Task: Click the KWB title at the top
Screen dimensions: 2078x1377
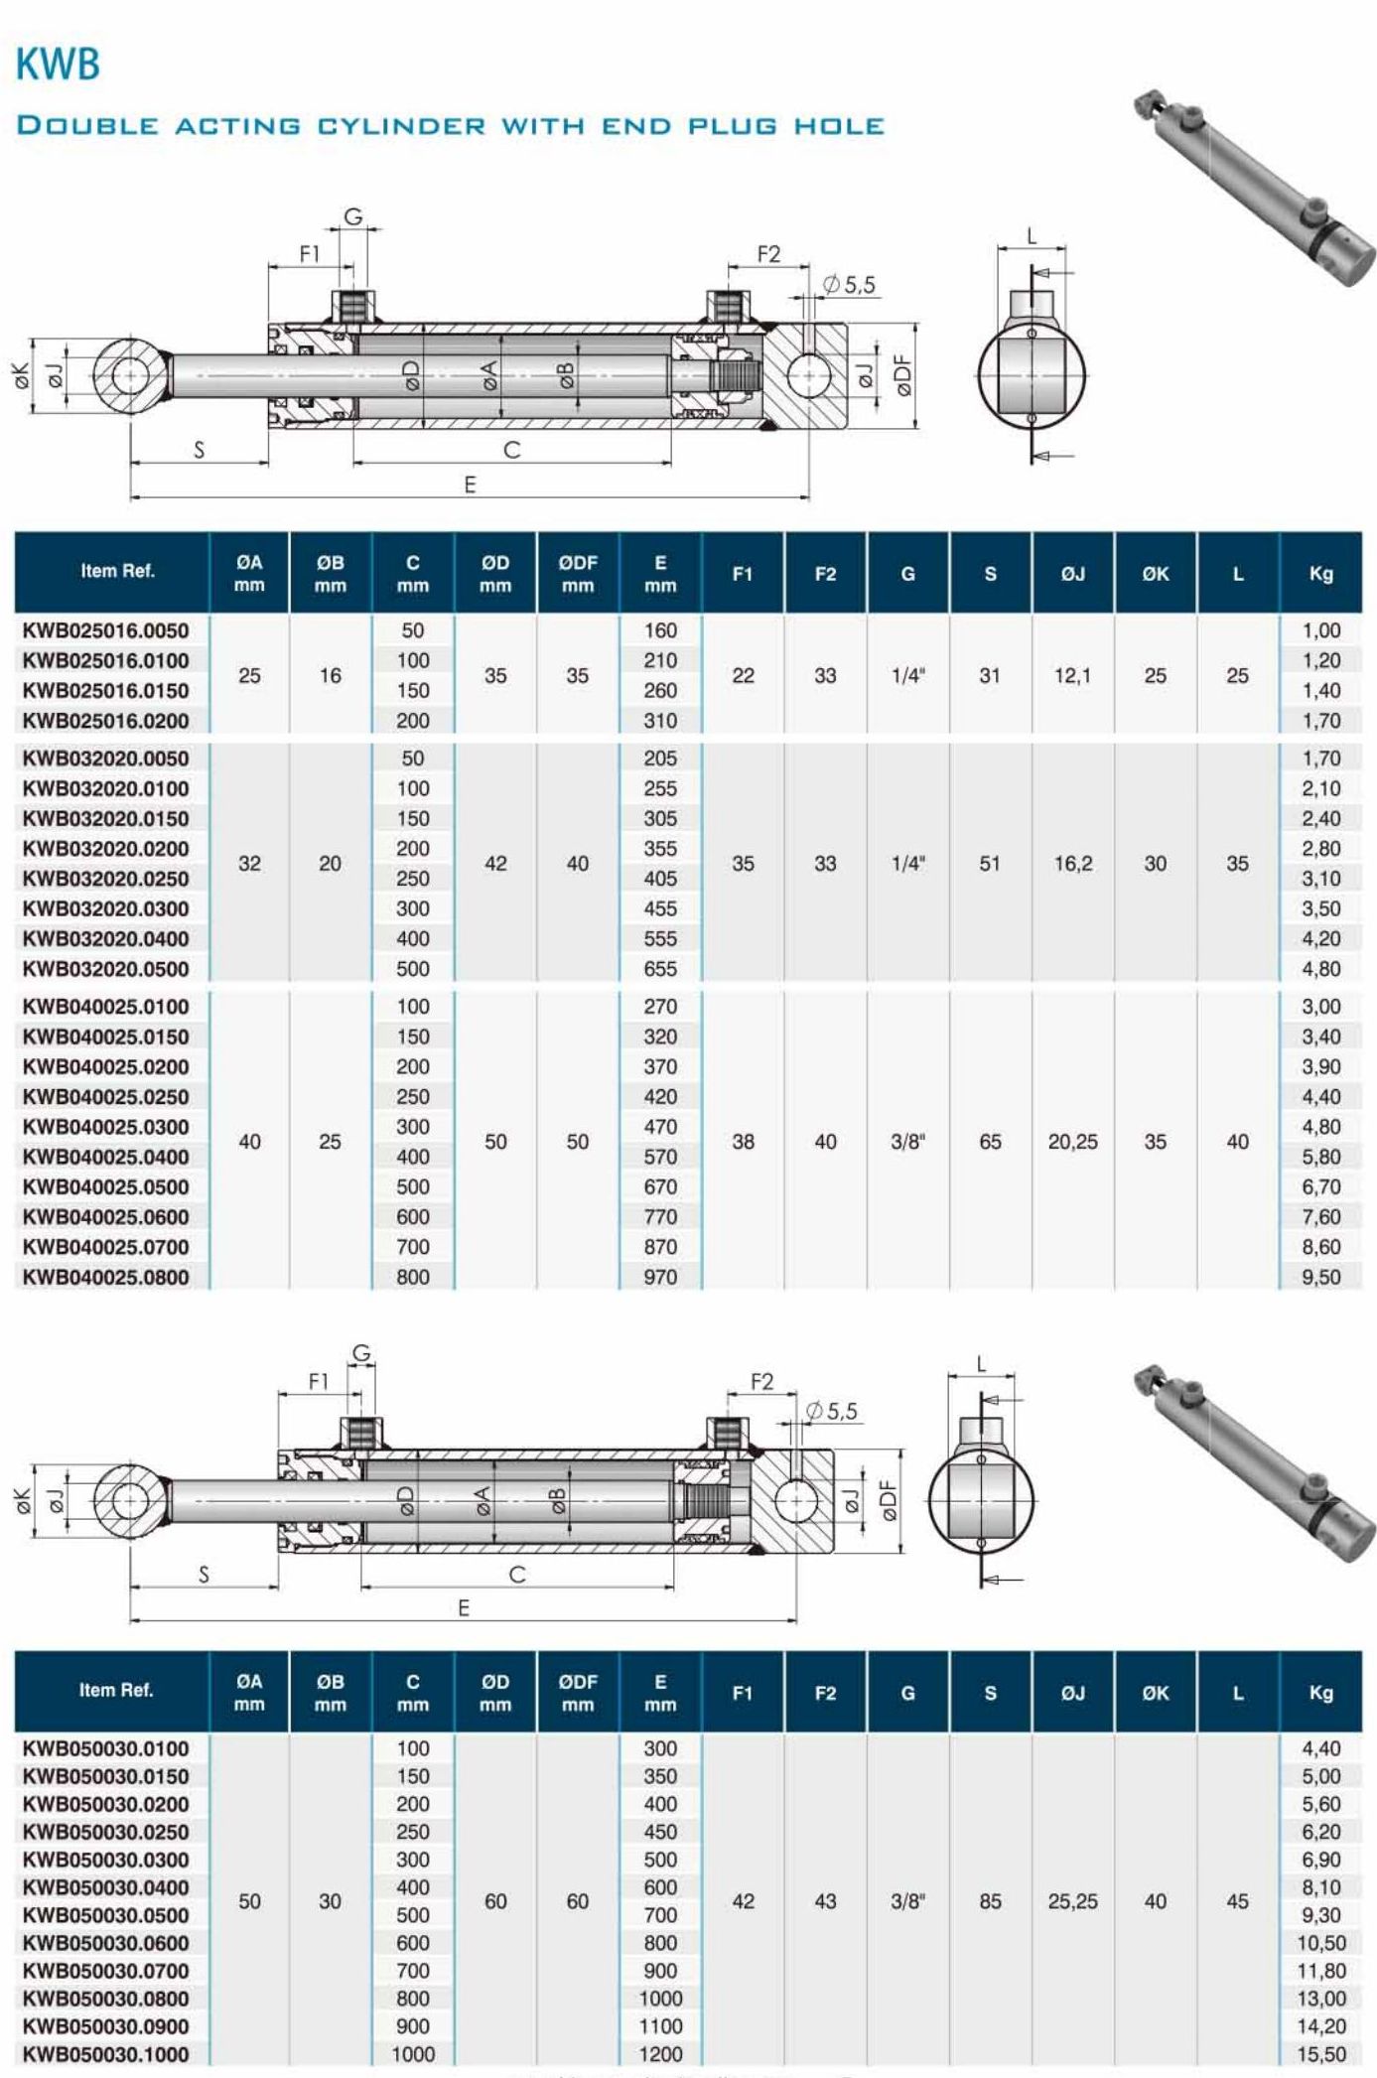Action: [58, 65]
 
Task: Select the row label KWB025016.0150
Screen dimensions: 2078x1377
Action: [105, 690]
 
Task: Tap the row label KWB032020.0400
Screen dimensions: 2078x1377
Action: [105, 938]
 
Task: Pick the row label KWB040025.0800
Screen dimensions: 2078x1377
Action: [105, 1277]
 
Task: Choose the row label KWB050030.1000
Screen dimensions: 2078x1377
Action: [105, 2054]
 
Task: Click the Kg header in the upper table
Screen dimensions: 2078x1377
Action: [1319, 573]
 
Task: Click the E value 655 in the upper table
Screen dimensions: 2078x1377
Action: [659, 968]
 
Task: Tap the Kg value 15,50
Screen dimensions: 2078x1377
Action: [1320, 2054]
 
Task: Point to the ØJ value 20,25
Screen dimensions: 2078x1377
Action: [1072, 1142]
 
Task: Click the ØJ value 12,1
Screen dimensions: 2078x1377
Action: [1072, 675]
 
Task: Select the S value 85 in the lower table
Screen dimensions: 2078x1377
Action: [990, 1901]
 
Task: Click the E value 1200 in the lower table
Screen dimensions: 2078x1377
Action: [659, 2054]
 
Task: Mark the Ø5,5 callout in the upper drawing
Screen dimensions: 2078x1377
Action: [849, 285]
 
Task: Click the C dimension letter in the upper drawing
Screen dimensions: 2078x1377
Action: [512, 450]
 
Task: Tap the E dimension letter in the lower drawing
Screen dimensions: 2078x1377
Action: [464, 1608]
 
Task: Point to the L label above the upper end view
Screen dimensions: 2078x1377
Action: [1032, 236]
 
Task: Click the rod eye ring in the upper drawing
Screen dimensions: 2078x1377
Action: [130, 375]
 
